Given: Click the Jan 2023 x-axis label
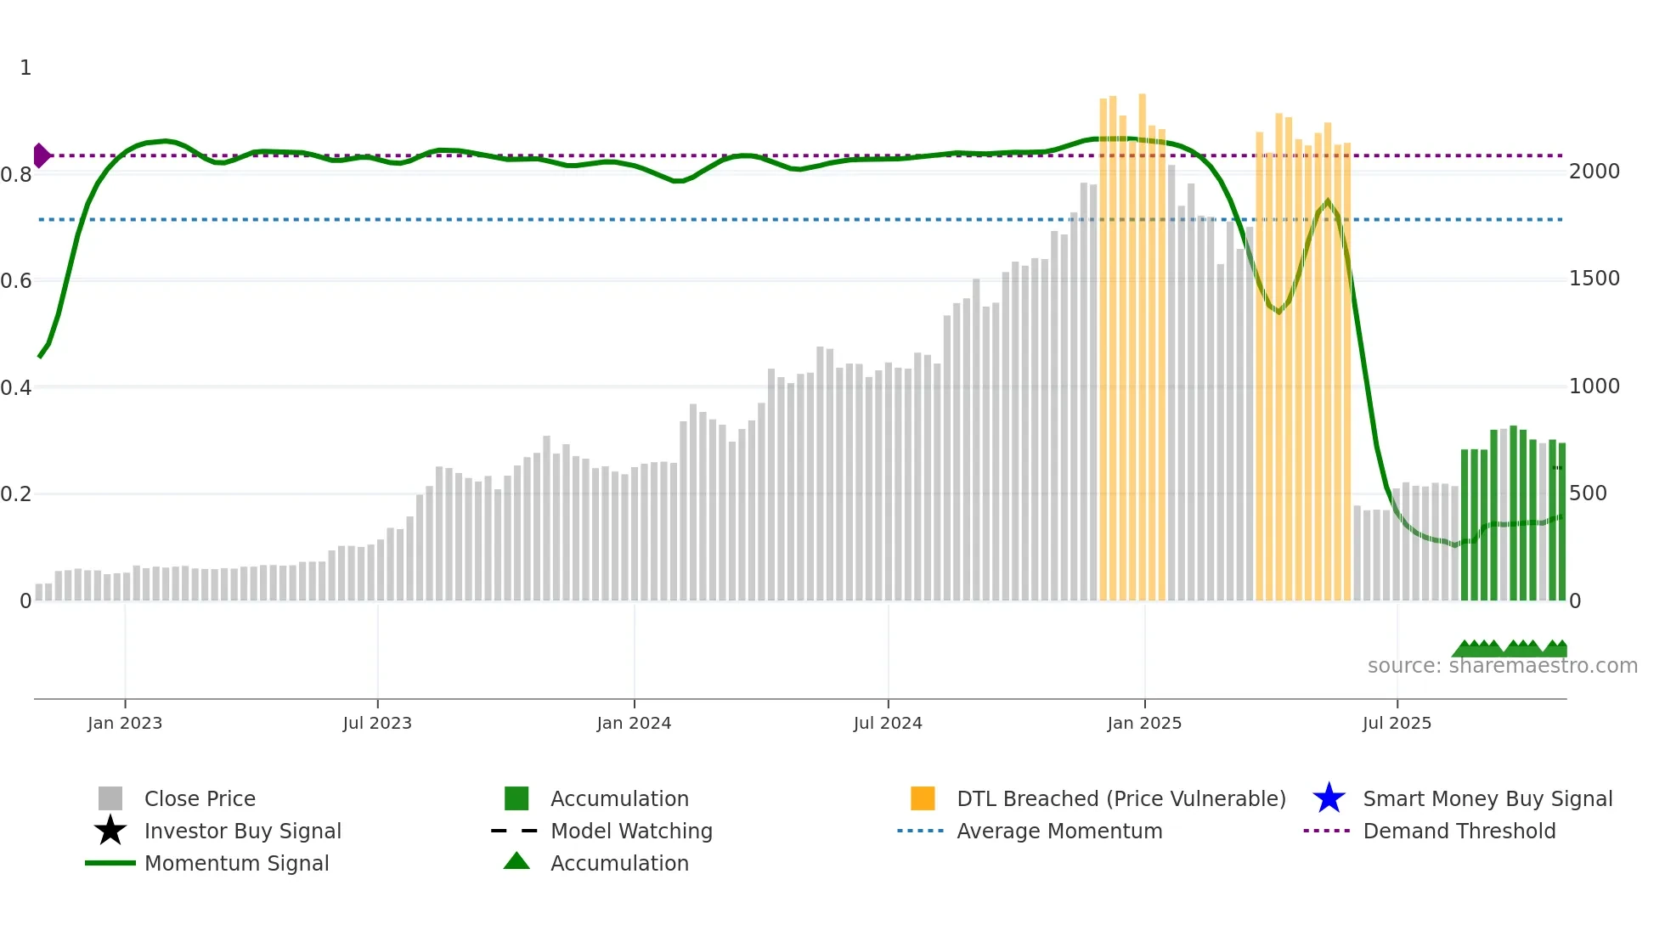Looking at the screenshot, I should point(125,723).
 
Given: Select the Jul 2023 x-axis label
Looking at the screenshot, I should point(377,723).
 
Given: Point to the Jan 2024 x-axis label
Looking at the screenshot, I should point(634,723).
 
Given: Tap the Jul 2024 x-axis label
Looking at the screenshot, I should point(888,723).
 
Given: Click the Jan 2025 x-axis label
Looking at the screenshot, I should point(1144,723).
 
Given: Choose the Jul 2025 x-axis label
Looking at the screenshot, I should point(1397,723).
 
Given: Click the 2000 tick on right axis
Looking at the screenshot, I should point(1594,172).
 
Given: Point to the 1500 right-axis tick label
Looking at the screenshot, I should point(1594,279).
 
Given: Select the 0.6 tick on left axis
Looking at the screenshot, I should point(16,281).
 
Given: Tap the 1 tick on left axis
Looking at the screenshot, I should point(25,68).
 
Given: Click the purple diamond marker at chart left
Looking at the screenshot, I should point(41,155).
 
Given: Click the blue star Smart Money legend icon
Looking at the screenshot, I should point(1329,798).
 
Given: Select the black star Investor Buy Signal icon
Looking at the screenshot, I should point(110,831).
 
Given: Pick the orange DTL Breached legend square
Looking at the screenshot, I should point(923,798).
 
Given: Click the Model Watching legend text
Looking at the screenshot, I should point(631,831).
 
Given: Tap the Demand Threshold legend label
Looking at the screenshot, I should point(1459,831).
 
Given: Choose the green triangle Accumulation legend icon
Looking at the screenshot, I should point(516,861).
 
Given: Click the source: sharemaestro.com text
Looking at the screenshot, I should point(1502,666).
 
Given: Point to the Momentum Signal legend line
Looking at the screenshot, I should point(110,863).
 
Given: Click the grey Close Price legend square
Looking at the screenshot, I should point(110,798).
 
